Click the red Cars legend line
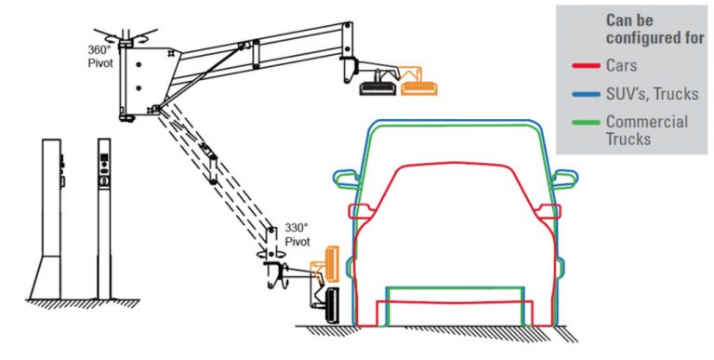(x=586, y=67)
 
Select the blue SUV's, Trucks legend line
(x=586, y=94)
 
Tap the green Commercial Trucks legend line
(x=586, y=122)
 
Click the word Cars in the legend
(x=621, y=66)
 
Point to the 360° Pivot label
(x=100, y=56)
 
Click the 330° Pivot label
(x=297, y=233)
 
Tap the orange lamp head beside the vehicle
(x=332, y=263)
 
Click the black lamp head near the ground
(x=333, y=306)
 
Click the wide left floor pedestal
(x=46, y=219)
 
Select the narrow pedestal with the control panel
(x=104, y=219)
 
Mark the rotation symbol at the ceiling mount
(x=126, y=34)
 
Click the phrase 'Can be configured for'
(x=654, y=29)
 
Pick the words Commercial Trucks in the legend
(x=647, y=130)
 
